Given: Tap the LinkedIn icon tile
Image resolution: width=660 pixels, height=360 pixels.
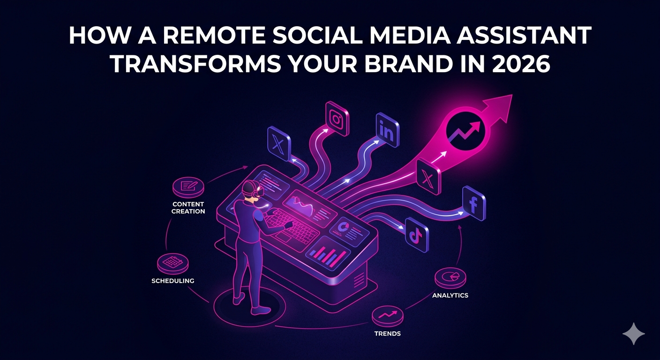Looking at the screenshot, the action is [388, 130].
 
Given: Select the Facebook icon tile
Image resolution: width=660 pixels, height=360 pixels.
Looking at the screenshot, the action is [474, 203].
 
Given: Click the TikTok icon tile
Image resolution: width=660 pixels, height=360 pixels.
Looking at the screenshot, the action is [417, 235].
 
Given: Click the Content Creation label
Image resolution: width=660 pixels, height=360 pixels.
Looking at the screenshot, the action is [188, 208].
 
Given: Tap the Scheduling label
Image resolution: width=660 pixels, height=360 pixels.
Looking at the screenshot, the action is [173, 281].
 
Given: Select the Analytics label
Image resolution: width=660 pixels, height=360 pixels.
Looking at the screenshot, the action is [450, 295].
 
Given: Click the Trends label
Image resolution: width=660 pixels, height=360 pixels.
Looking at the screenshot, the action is [388, 333].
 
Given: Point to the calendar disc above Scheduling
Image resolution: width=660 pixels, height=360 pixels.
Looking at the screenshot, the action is [172, 263].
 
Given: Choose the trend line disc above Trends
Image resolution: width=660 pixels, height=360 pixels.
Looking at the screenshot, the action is [388, 316].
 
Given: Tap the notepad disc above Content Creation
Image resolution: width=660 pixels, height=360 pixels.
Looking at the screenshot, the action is [188, 187].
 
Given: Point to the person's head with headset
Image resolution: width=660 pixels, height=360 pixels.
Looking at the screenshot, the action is [252, 189].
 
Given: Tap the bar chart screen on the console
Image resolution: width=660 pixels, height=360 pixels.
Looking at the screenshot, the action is [328, 254].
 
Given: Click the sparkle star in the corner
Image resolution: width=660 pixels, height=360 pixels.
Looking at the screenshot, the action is [633, 334].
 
